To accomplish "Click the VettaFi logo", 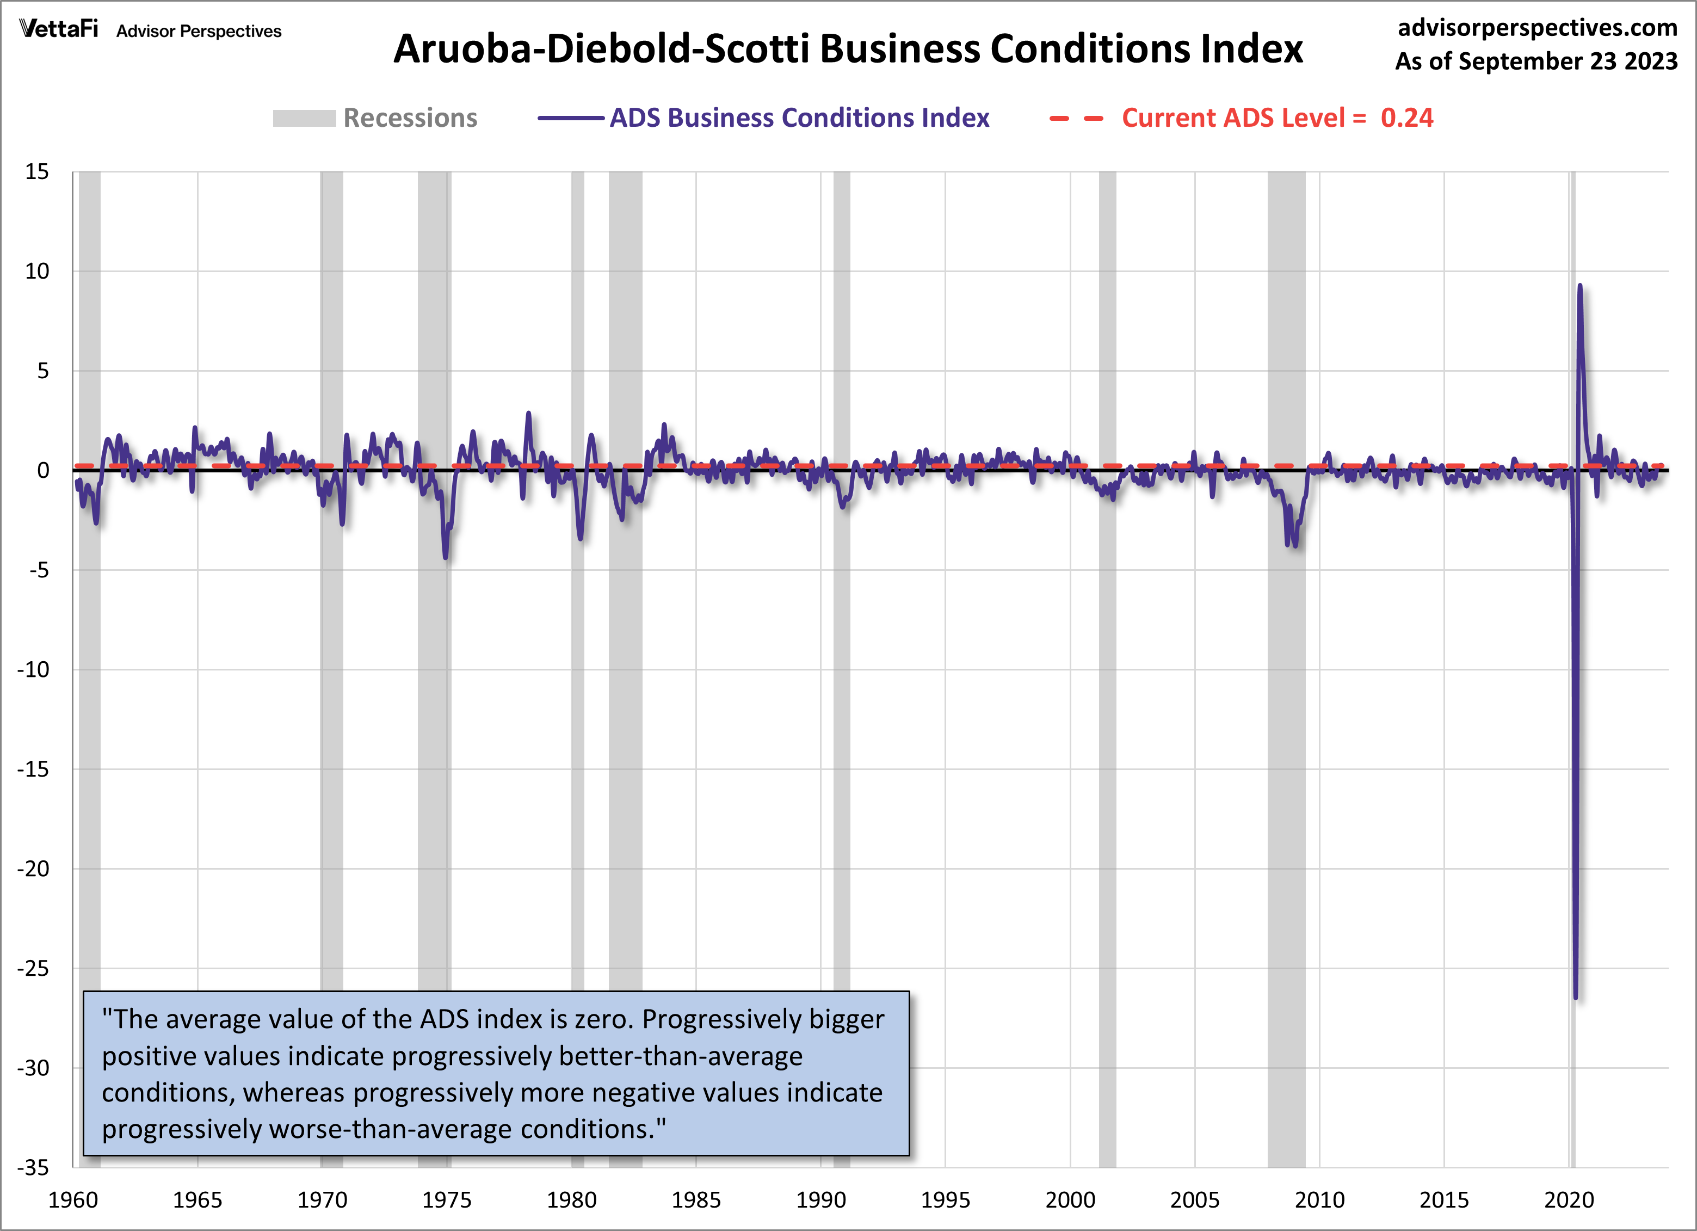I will pyautogui.click(x=58, y=29).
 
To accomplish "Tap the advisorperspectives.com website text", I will pyautogui.click(x=1537, y=28).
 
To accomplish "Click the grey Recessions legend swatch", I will pyautogui.click(x=304, y=118).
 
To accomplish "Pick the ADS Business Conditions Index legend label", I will pyautogui.click(x=799, y=118).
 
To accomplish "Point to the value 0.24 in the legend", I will pyautogui.click(x=1406, y=118).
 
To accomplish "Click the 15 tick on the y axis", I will pyautogui.click(x=36, y=172).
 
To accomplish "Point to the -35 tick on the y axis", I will pyautogui.click(x=33, y=1167).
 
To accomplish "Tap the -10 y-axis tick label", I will pyautogui.click(x=33, y=670).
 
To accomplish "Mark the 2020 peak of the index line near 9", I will pyautogui.click(x=1579, y=286).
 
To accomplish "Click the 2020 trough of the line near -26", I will pyautogui.click(x=1576, y=998).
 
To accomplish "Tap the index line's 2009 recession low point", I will pyautogui.click(x=1295, y=545).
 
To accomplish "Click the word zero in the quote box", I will pyautogui.click(x=606, y=1020).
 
